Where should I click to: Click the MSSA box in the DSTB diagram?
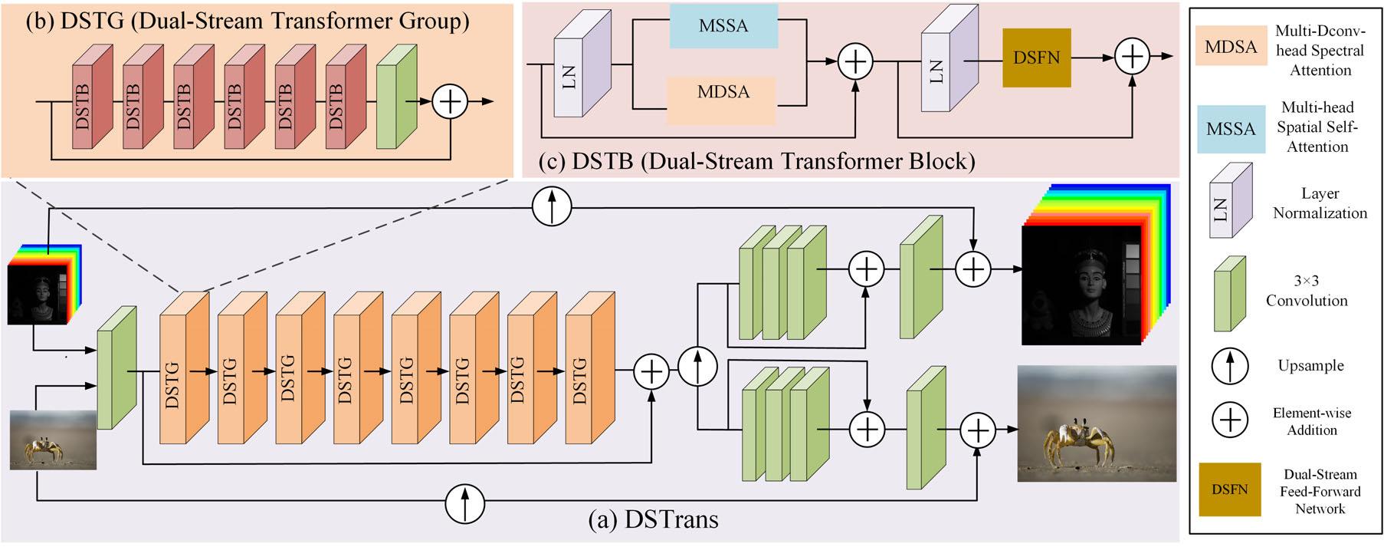point(723,26)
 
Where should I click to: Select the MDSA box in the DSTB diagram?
point(723,93)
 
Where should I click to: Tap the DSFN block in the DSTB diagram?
point(1036,58)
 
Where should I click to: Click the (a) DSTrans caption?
point(653,520)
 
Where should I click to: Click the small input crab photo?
point(52,440)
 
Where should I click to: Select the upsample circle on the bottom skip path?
point(465,502)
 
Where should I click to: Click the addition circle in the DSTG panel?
point(450,101)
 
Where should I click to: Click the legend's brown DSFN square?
point(1229,489)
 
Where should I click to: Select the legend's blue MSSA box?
point(1231,129)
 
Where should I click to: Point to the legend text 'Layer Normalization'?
point(1320,203)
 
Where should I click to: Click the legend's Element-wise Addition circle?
point(1230,420)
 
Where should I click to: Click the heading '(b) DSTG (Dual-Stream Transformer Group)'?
point(247,21)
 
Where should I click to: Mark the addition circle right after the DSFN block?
point(1132,57)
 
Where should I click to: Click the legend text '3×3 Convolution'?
point(1306,291)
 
